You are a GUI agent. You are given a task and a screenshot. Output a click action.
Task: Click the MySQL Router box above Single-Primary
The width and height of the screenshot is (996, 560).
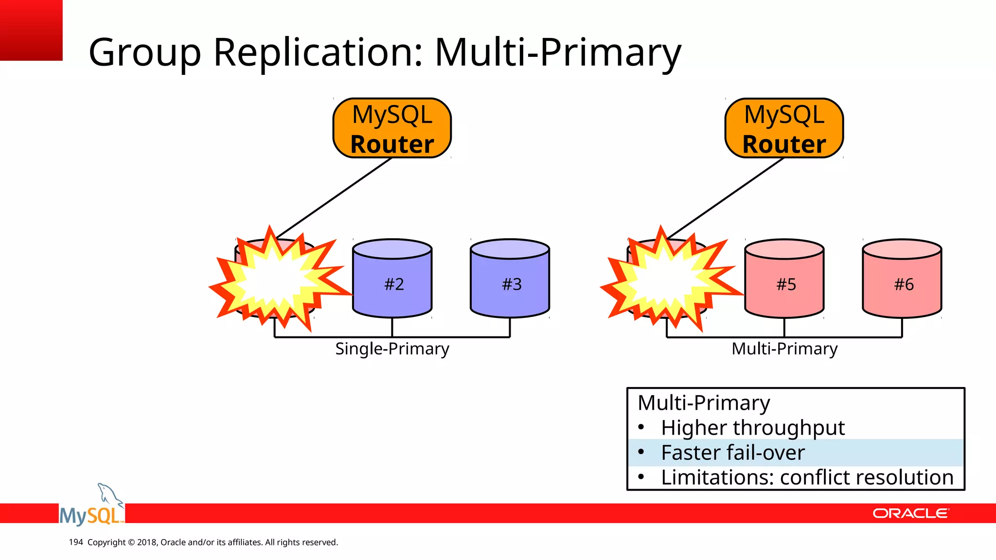[392, 128]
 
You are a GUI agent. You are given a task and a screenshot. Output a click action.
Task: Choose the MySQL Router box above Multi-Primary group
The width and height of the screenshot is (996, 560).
[784, 128]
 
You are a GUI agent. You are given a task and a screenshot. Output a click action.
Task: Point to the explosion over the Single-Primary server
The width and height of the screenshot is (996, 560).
[277, 280]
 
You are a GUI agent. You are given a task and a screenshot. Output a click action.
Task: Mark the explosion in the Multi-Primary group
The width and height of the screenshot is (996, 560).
[669, 280]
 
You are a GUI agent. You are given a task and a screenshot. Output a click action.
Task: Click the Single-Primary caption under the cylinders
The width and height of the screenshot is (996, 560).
[392, 349]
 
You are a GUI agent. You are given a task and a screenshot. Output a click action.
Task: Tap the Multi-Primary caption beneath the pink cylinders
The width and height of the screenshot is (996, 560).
[784, 349]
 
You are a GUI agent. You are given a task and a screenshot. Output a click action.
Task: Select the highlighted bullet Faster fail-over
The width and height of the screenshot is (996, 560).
[732, 453]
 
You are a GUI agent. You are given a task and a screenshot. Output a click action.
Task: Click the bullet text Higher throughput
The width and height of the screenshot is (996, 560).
[752, 428]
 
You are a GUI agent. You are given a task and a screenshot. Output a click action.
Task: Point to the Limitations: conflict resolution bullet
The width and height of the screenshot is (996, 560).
[807, 477]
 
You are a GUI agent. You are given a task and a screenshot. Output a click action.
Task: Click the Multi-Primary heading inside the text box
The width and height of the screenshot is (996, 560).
[703, 403]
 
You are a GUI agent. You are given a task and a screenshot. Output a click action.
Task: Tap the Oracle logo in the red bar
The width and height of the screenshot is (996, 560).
[910, 513]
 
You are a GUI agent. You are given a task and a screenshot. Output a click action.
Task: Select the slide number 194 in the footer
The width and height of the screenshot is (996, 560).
[76, 542]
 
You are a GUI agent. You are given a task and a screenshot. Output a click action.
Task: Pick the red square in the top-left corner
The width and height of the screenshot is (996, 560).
[31, 30]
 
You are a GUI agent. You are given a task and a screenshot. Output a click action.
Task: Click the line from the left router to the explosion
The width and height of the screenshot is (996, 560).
[336, 197]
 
